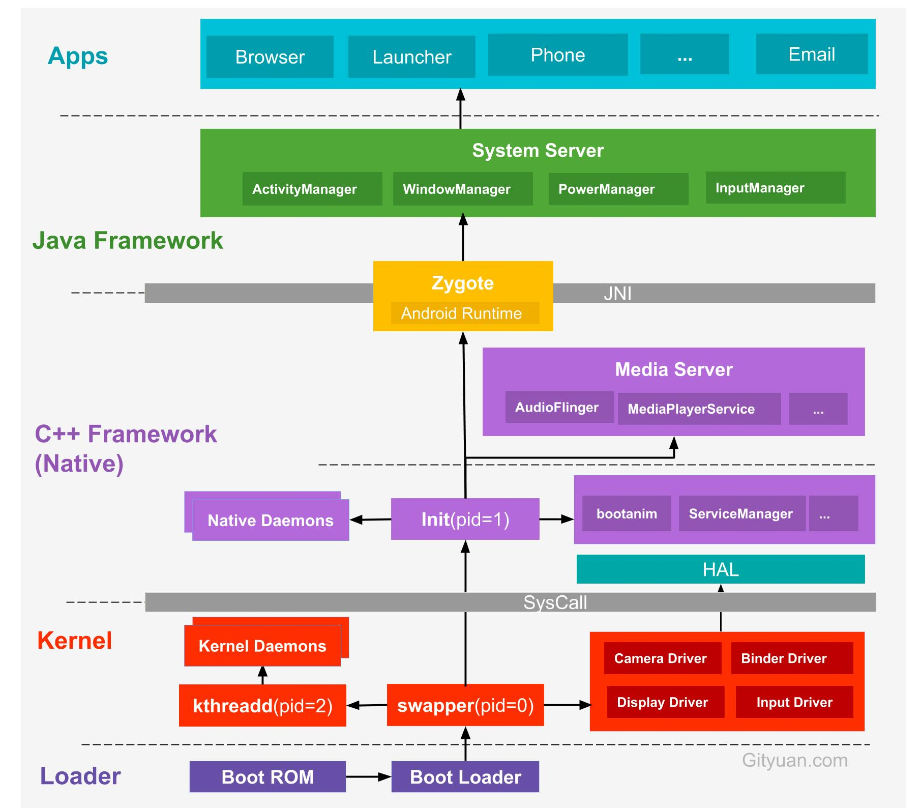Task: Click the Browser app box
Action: (x=270, y=56)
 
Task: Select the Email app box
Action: (x=812, y=54)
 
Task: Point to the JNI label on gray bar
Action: (x=617, y=294)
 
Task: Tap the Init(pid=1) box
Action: (x=465, y=519)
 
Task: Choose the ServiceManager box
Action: (x=741, y=513)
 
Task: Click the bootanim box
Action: (x=626, y=513)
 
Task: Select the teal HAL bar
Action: (x=720, y=569)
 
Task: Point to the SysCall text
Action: (x=555, y=602)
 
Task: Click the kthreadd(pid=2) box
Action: (x=262, y=706)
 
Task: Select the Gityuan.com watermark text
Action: (x=794, y=760)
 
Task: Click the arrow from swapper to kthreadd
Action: (x=367, y=705)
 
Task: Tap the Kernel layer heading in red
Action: (x=75, y=641)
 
